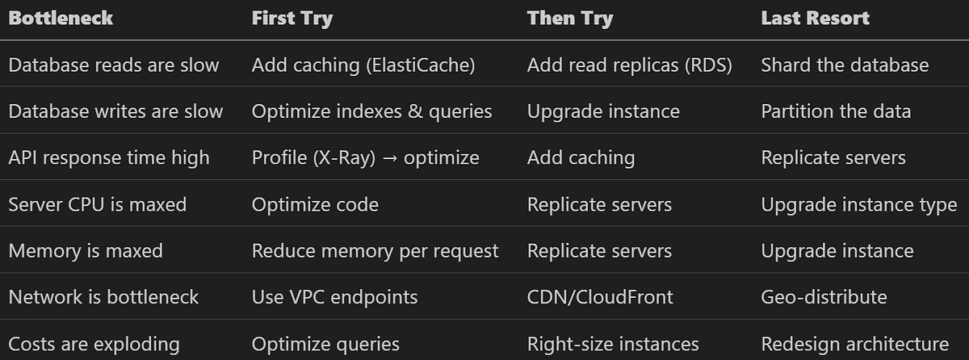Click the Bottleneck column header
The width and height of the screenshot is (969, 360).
click(x=61, y=18)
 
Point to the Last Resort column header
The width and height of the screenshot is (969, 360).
click(x=816, y=18)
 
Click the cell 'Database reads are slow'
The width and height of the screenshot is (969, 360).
click(x=114, y=65)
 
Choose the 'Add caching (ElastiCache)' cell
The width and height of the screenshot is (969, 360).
click(x=363, y=65)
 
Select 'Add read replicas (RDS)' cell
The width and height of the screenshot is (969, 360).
click(x=629, y=65)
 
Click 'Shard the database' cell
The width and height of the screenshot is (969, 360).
click(x=845, y=65)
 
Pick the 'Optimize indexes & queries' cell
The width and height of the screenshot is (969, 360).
click(x=372, y=112)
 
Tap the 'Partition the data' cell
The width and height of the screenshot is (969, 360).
click(x=837, y=111)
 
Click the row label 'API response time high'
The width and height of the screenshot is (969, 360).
click(x=109, y=158)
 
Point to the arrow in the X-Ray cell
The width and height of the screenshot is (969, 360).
click(x=390, y=158)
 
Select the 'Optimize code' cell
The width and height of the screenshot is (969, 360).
click(x=316, y=205)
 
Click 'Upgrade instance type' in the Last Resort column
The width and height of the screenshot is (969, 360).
click(x=859, y=205)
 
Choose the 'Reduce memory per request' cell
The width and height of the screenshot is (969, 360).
click(x=375, y=252)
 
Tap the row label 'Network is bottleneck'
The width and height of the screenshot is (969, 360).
click(x=104, y=297)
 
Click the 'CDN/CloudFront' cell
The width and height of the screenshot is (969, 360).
click(x=600, y=297)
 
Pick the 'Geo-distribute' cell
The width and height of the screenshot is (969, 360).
click(x=824, y=297)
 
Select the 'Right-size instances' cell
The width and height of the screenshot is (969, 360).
click(x=613, y=345)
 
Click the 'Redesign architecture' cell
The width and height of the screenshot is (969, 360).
click(x=855, y=345)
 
